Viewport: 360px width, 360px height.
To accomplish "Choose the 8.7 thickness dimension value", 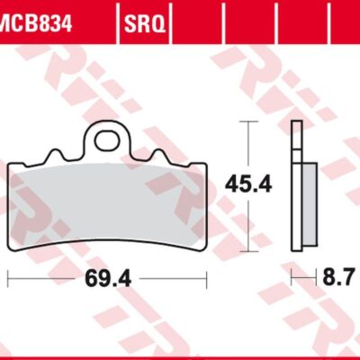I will (x=339, y=279).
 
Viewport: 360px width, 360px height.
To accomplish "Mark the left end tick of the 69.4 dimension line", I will (x=8, y=279).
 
